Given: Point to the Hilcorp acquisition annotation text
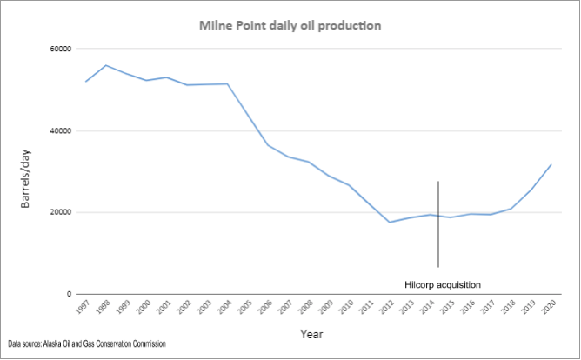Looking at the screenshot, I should pyautogui.click(x=443, y=284).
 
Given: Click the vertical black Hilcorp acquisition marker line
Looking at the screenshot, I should pyautogui.click(x=438, y=226).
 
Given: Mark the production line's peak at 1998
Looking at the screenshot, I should pyautogui.click(x=106, y=65).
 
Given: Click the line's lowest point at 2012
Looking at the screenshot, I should pyautogui.click(x=390, y=223).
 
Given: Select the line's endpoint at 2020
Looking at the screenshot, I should pyautogui.click(x=551, y=164).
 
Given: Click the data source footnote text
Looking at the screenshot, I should pyautogui.click(x=87, y=344).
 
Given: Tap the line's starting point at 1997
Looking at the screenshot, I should pyautogui.click(x=86, y=82).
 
